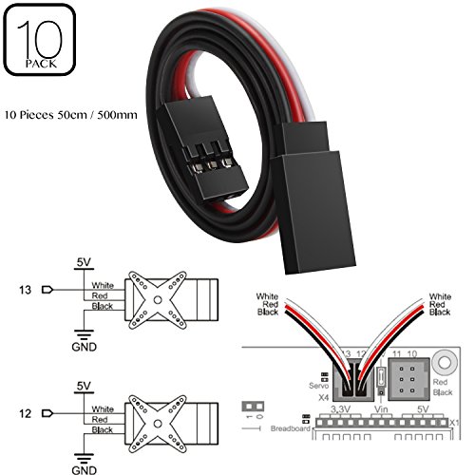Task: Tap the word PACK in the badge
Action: (x=38, y=66)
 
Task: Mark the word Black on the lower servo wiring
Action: (x=103, y=429)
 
